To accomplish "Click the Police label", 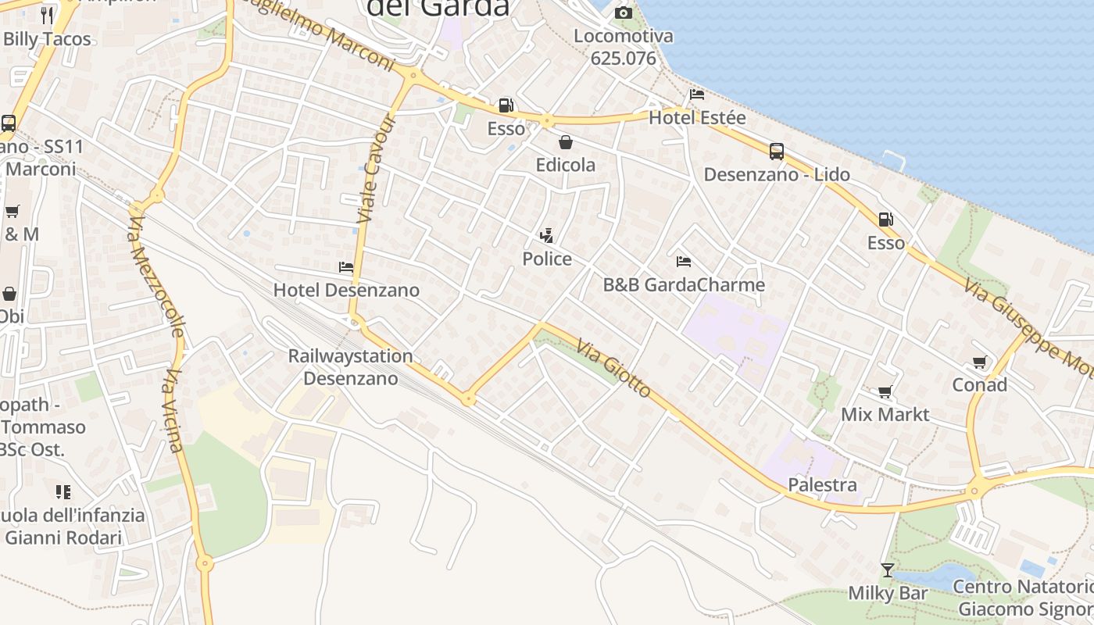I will pyautogui.click(x=547, y=259).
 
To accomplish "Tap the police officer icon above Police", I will pyautogui.click(x=547, y=235).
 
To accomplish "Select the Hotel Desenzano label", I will pyautogui.click(x=346, y=290).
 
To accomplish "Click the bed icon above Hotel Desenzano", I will pyautogui.click(x=346, y=267).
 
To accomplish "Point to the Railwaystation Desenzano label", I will pyautogui.click(x=350, y=367).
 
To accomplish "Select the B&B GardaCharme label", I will pyautogui.click(x=684, y=284).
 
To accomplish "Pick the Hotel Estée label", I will pyautogui.click(x=697, y=118).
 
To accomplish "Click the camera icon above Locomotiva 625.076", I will pyautogui.click(x=623, y=12).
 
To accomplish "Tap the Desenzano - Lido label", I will pyautogui.click(x=777, y=174).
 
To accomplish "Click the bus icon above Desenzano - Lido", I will pyautogui.click(x=776, y=152).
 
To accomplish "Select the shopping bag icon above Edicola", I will pyautogui.click(x=565, y=142).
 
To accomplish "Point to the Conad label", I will pyautogui.click(x=979, y=384).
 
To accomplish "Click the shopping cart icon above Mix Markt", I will pyautogui.click(x=885, y=391).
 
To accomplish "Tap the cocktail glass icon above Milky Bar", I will pyautogui.click(x=887, y=570).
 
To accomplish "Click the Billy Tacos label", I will pyautogui.click(x=47, y=39).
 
